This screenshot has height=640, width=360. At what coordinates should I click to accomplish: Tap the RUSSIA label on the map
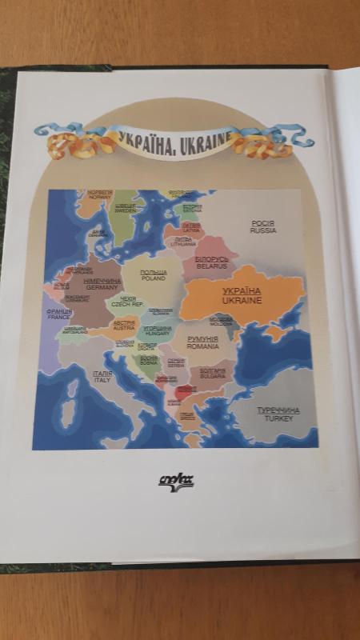pos(263,230)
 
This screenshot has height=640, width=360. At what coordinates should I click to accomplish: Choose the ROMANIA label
pos(202,347)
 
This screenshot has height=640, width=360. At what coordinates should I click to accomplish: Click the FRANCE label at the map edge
pos(59,317)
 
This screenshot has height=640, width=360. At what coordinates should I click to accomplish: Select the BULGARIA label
pos(213,375)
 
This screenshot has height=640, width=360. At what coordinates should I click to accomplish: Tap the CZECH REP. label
pos(127,305)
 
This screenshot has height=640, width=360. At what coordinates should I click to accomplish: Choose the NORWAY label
pos(100,197)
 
